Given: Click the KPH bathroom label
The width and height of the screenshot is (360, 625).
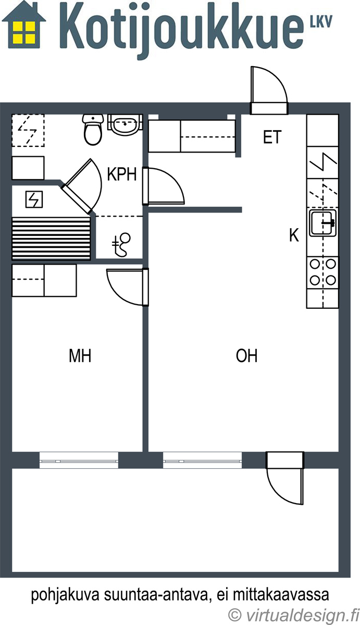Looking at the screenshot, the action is (x=122, y=174).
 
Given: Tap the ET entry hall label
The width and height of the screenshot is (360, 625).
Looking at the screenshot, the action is (x=272, y=137).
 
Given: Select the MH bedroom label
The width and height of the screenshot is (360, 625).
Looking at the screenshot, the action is (x=80, y=356).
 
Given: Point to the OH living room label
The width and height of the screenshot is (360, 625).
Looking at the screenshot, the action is (x=246, y=356).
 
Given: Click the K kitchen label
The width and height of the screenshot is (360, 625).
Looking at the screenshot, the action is (x=294, y=235).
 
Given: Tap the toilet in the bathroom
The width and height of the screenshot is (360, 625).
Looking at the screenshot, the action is (x=93, y=130).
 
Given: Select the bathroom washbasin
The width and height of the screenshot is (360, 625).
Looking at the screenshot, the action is (x=126, y=124).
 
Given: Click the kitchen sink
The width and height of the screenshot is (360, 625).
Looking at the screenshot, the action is (x=323, y=223).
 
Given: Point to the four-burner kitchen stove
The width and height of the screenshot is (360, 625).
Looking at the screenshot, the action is (x=323, y=272).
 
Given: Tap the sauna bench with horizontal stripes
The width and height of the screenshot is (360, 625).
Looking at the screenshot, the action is (x=51, y=239).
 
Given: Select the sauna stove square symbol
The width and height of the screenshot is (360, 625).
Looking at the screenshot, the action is (x=34, y=199).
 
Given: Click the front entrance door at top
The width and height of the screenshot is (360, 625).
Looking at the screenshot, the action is (x=269, y=91).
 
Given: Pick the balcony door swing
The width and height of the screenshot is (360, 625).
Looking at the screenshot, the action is (x=285, y=478).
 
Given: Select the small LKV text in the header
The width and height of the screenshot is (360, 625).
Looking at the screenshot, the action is (x=321, y=21).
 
